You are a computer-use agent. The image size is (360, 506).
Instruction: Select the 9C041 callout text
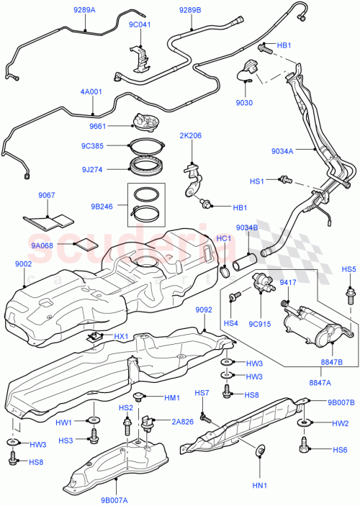pos(140,24)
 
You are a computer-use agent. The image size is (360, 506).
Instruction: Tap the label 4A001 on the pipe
pos(92,92)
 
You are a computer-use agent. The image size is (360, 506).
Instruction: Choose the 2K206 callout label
pos(192,135)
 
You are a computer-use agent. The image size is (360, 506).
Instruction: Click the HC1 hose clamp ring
pos(226,272)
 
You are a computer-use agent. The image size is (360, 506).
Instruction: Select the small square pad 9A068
pos(86,244)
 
